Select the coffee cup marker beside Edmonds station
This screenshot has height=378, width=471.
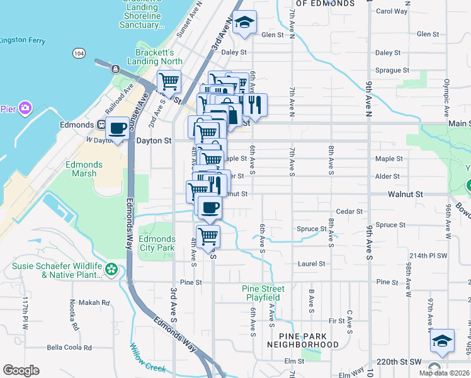[x=118, y=129]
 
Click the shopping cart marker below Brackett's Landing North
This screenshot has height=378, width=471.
[x=169, y=81]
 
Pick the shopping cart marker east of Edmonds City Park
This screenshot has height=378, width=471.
[x=208, y=237]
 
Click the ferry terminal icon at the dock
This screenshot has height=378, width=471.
[x=115, y=68]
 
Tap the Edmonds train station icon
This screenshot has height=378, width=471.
[x=100, y=125]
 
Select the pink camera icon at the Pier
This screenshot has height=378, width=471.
[x=25, y=108]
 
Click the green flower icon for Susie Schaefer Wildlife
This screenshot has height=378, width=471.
[x=111, y=270]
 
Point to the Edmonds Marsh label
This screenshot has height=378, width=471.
[x=84, y=169]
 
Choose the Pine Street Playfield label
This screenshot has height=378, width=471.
[x=263, y=293]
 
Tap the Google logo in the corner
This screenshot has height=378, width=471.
[x=21, y=370]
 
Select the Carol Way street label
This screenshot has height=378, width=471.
[x=392, y=11]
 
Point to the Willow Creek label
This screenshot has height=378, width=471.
[x=148, y=357]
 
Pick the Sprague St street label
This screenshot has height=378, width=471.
[x=392, y=71]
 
